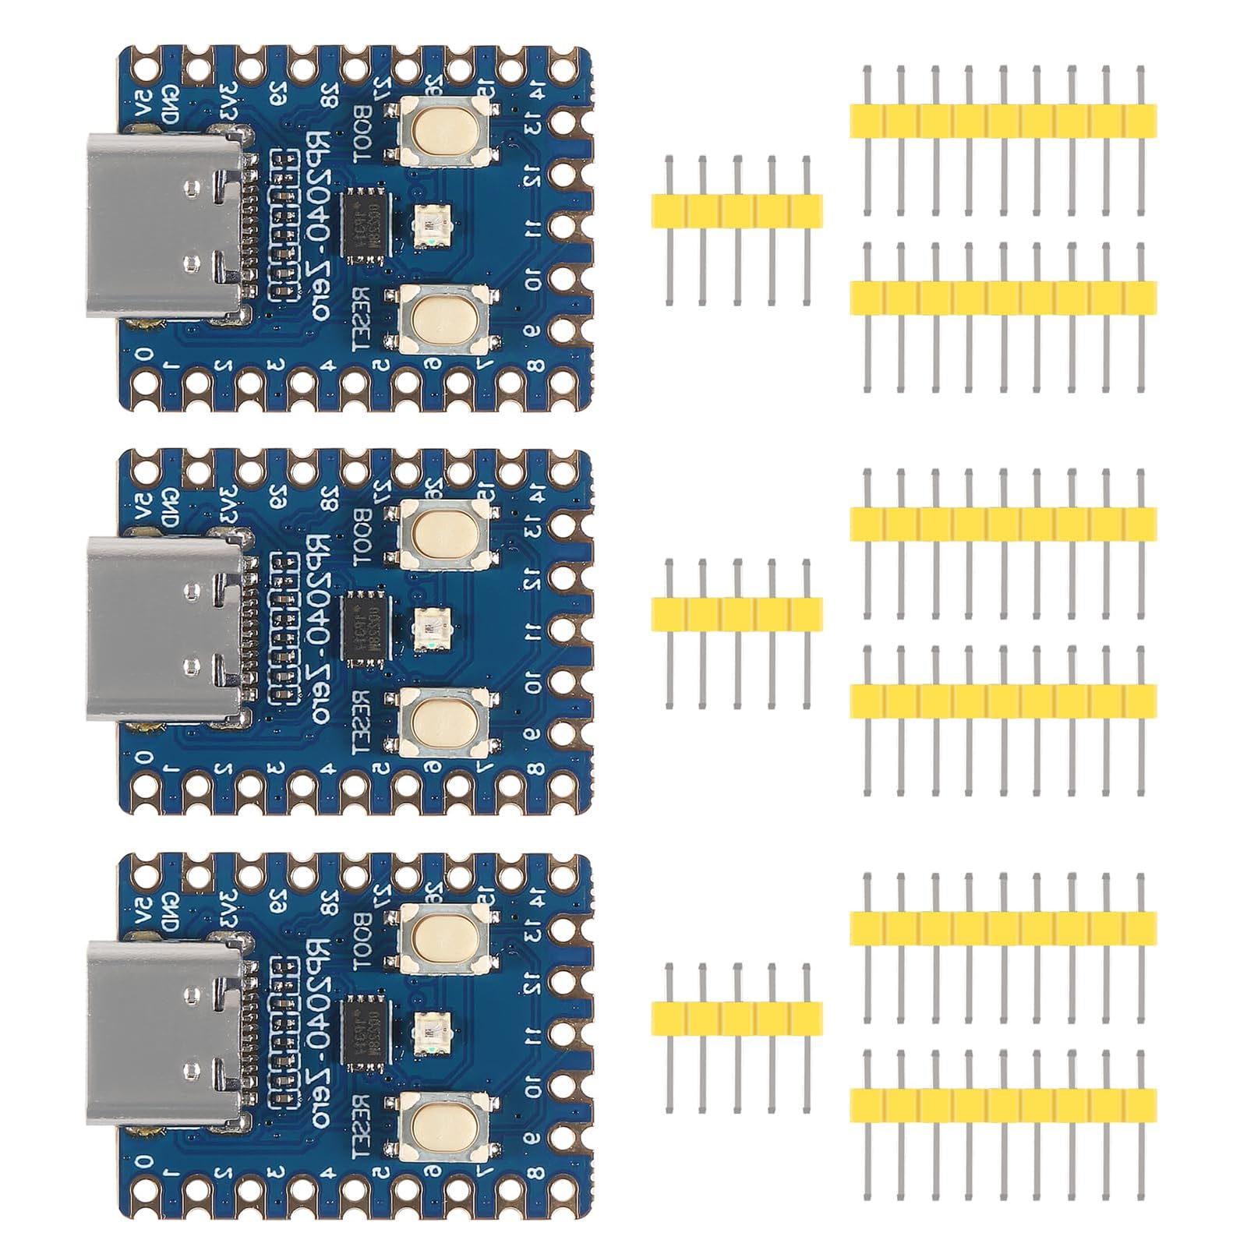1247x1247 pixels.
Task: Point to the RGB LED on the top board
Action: point(429,225)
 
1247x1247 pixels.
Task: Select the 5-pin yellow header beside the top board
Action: point(737,210)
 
